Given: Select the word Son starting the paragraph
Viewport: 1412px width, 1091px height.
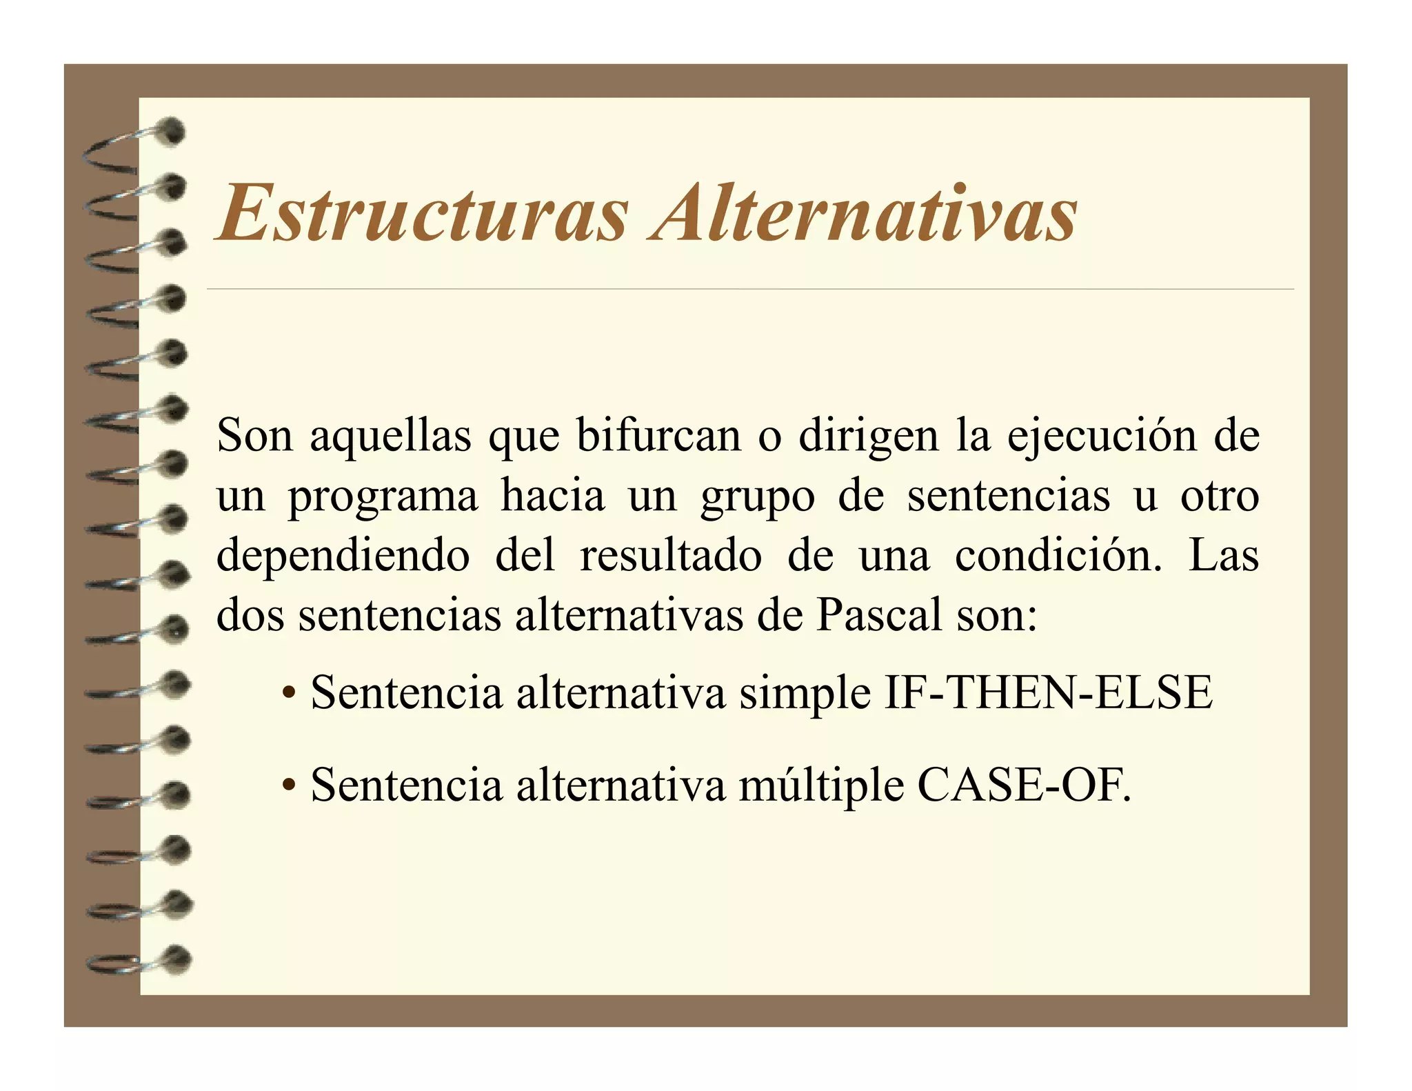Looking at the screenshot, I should click(254, 436).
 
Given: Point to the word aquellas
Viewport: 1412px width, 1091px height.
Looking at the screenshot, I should click(390, 436).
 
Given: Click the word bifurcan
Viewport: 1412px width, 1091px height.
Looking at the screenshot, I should click(658, 436).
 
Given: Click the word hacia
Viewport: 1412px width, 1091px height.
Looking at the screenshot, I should click(552, 495).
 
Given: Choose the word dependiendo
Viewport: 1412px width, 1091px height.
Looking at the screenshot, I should click(343, 556).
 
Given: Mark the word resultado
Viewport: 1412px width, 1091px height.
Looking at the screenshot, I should click(670, 556).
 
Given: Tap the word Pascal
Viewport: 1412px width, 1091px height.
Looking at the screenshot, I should click(878, 614).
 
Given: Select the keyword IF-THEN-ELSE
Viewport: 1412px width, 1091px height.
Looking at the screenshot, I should click(1048, 692).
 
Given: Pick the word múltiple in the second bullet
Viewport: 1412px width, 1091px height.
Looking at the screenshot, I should click(820, 786).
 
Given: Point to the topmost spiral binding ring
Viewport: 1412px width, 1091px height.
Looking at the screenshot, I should click(138, 141).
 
